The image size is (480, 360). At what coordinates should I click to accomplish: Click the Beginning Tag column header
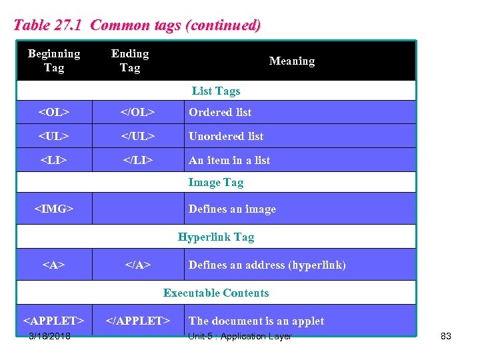54,61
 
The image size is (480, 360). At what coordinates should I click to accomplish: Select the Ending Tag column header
130,61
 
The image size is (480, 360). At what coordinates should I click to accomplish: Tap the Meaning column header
291,61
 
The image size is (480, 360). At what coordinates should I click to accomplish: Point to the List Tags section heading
215,91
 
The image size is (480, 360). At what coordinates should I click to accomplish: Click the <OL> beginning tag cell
54,112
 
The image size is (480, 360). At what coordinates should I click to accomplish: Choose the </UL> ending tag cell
137,136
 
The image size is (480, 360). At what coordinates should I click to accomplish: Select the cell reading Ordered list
220,112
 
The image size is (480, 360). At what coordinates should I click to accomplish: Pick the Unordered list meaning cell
226,136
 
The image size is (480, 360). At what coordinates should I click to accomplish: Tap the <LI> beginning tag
54,160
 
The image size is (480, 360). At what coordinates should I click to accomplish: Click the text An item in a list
229,160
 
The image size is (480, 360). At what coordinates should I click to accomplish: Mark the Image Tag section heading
215,182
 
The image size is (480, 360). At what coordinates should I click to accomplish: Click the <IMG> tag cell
54,209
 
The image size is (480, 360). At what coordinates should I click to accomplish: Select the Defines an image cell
232,209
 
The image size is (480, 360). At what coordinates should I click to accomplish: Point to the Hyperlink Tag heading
215,237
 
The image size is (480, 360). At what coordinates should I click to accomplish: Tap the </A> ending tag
137,265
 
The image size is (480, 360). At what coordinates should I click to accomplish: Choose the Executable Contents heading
215,293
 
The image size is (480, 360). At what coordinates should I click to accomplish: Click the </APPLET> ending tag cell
138,321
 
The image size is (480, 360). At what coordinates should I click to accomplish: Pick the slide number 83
446,336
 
